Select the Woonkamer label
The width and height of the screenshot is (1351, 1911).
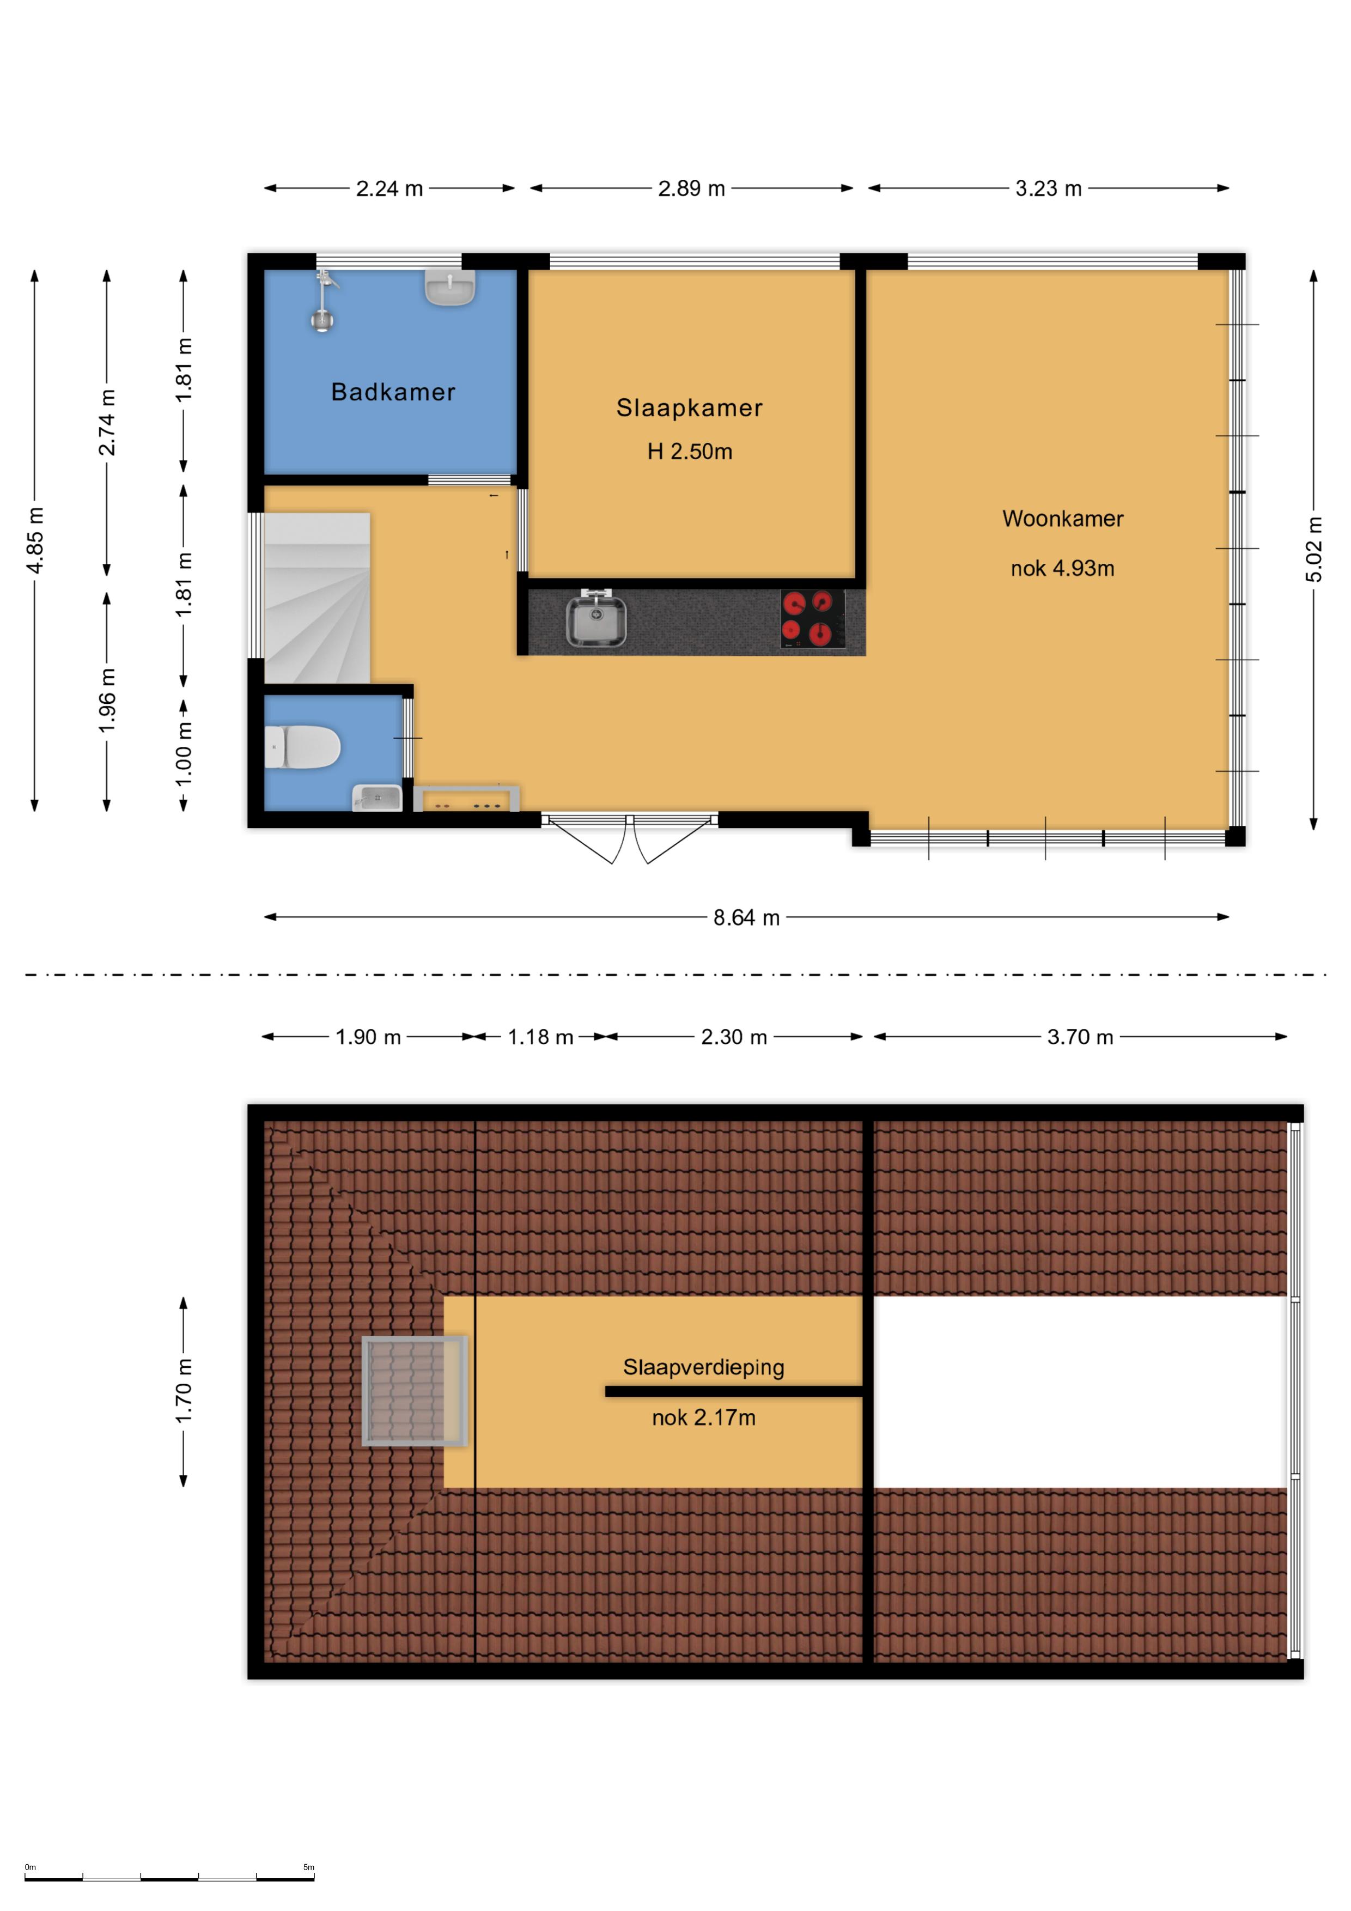1062,519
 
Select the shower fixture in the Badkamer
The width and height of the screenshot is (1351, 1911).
324,300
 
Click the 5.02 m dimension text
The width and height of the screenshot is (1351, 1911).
1313,549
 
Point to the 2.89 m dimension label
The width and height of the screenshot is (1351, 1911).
691,189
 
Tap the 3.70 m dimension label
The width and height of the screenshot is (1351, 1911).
1080,1037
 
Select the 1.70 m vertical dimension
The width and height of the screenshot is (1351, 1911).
184,1391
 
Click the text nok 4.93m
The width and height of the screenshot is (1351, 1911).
1062,569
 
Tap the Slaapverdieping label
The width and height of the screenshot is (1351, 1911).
703,1367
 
